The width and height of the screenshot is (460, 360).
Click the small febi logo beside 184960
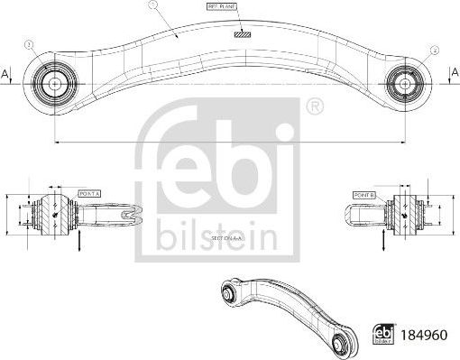[x=381, y=332]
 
